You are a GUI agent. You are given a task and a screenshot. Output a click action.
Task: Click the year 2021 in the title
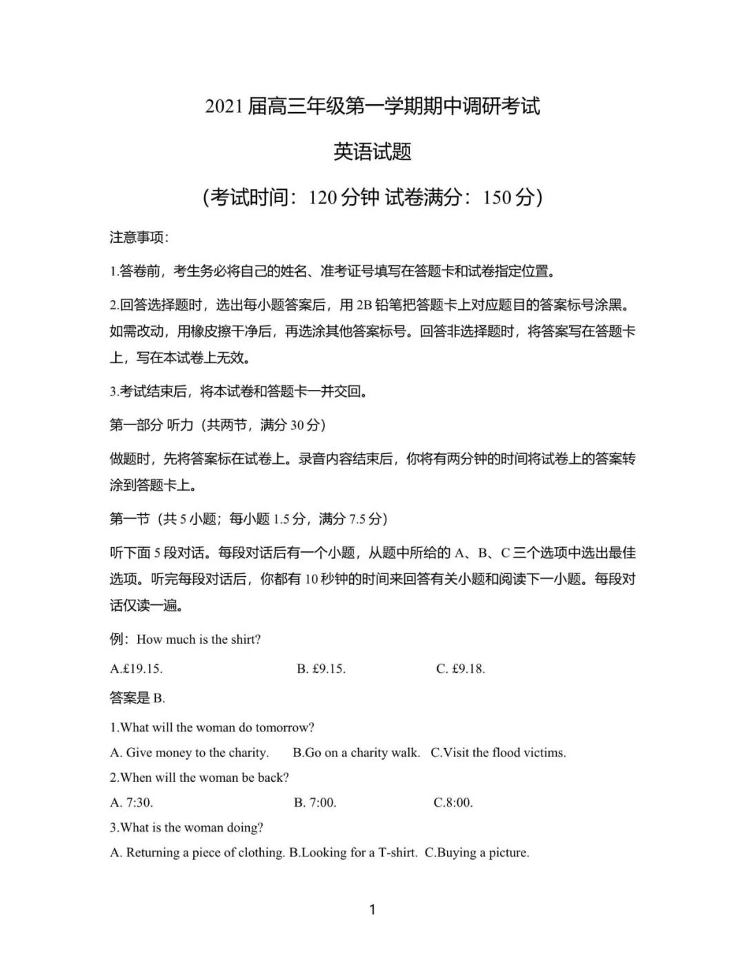224,107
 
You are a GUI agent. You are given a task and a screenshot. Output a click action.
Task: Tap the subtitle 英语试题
372,152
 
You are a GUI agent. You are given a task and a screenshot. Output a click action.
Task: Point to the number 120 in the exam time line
323,197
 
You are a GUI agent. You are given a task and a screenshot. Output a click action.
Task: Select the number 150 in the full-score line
497,197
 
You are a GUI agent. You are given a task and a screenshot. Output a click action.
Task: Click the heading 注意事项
138,237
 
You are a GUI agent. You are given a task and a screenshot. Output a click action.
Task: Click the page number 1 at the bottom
372,909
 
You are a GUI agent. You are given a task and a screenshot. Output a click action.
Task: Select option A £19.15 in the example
137,669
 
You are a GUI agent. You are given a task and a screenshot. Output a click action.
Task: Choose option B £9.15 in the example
321,669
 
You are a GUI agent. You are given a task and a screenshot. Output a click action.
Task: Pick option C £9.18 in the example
461,669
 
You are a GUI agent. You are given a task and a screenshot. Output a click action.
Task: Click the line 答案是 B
137,698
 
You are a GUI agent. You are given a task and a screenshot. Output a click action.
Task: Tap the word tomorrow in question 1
285,727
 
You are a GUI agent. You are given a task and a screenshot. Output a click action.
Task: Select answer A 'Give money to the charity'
190,753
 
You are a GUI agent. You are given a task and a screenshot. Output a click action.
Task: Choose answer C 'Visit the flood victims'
498,753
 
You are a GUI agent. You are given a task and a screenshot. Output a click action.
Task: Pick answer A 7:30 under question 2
132,803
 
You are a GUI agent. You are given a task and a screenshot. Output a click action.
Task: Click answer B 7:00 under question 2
315,803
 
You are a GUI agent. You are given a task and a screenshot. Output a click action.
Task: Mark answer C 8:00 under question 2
453,803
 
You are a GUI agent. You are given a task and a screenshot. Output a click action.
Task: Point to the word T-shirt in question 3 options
397,853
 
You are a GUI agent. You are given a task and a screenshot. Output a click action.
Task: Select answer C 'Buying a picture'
477,853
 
